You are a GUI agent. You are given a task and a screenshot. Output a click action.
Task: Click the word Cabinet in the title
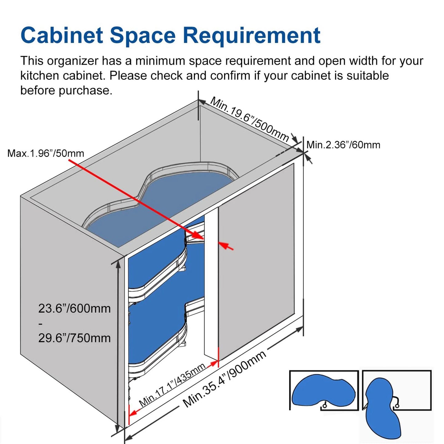[61, 35]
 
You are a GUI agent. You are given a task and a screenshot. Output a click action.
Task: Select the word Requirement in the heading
[252, 36]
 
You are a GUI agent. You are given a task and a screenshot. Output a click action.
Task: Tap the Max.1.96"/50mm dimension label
[46, 153]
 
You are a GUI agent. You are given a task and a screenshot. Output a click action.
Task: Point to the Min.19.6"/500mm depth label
[249, 119]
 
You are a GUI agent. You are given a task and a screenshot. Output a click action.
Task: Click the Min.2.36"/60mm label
[343, 145]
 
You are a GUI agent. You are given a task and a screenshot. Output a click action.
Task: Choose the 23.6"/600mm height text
[74, 308]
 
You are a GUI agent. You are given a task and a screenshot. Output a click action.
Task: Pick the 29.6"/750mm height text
[74, 338]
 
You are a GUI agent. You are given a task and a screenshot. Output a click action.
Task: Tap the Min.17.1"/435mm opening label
[172, 385]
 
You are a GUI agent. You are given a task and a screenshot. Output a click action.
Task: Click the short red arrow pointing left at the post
[226, 246]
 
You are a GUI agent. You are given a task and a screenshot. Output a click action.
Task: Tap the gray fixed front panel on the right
[257, 261]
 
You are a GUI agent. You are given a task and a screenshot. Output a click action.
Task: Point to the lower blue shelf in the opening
[157, 332]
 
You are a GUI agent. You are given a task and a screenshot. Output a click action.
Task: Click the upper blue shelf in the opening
[157, 261]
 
